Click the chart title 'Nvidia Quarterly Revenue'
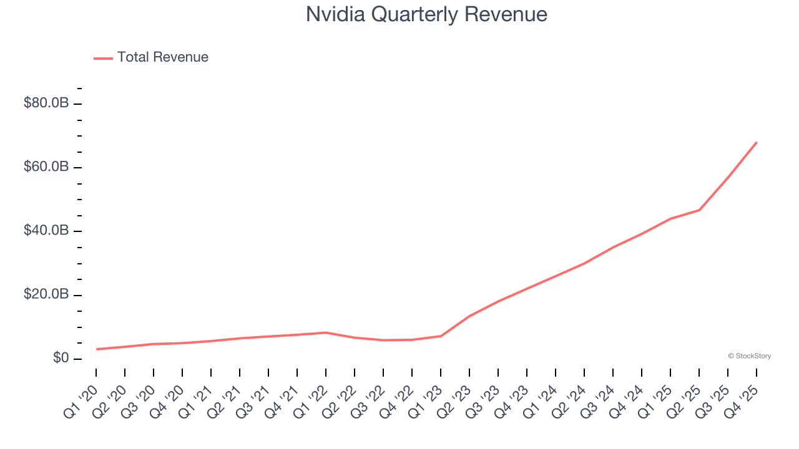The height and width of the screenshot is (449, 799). click(426, 14)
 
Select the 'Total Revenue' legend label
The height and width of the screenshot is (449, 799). click(162, 57)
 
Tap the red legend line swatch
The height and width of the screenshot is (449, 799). click(103, 58)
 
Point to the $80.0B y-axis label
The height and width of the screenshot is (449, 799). click(46, 103)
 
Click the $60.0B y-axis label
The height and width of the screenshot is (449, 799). click(46, 167)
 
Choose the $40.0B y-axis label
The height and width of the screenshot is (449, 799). click(46, 231)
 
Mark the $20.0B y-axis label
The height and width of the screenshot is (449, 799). click(46, 294)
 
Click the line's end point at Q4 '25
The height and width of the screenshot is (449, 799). click(757, 142)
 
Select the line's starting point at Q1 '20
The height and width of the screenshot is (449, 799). click(96, 349)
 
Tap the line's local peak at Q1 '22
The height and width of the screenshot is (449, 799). click(326, 332)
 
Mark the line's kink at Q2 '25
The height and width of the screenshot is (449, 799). click(699, 210)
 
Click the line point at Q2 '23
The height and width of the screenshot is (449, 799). click(469, 316)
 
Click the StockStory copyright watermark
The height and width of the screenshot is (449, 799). click(749, 356)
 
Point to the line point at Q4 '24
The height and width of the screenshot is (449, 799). click(642, 234)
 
